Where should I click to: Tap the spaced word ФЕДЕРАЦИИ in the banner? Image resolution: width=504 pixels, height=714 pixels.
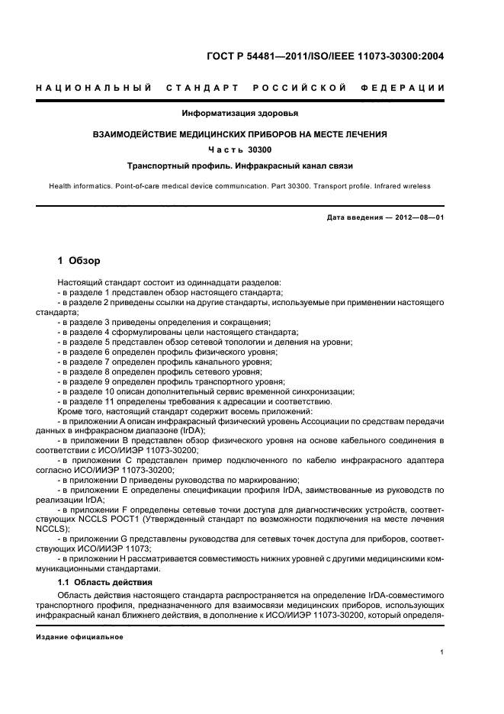409,88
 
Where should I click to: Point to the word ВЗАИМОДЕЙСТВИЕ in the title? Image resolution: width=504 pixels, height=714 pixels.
143,134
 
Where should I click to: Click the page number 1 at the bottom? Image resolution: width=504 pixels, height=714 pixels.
442,652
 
